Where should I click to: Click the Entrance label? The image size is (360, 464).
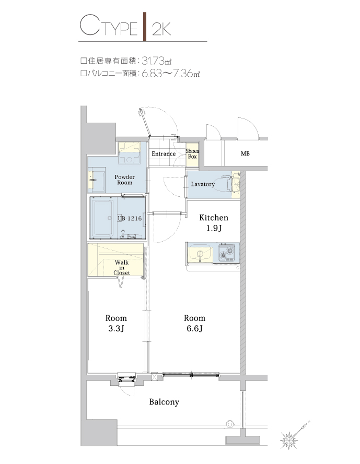(164, 154)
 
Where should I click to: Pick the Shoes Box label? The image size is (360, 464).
(192, 154)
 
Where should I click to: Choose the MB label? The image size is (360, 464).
(245, 154)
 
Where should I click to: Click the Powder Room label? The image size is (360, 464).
(124, 180)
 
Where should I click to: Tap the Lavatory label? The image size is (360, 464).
(203, 184)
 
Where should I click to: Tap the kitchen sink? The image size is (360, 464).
(199, 254)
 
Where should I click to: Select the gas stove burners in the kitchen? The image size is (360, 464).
(227, 254)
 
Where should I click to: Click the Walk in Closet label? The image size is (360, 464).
(122, 267)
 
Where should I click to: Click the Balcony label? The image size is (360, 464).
(164, 402)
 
